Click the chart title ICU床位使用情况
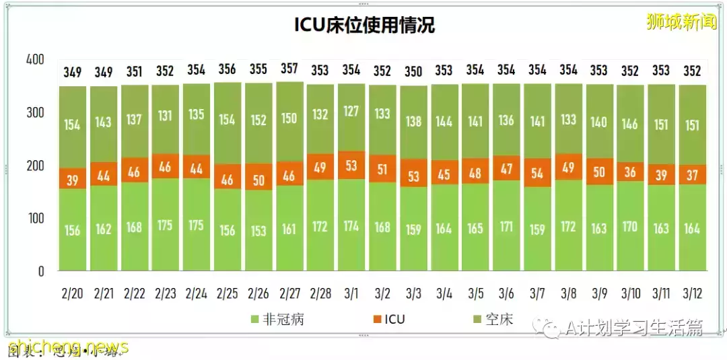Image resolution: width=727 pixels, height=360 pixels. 364,25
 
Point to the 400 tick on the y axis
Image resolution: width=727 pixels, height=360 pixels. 34,60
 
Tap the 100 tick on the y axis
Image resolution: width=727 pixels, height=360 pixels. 34,219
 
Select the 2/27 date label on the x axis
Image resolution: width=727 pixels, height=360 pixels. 289,293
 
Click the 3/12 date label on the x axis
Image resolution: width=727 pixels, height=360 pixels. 692,293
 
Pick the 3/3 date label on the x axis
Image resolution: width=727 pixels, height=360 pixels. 413,293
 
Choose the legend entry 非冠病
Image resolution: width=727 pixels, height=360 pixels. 276,319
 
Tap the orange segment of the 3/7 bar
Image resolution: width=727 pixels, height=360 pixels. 537,173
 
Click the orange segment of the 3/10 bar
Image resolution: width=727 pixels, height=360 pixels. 631,173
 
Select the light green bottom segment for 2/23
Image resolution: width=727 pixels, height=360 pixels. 165,225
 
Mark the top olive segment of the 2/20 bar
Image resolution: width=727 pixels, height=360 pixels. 73,126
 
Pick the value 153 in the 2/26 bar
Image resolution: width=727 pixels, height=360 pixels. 258,230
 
